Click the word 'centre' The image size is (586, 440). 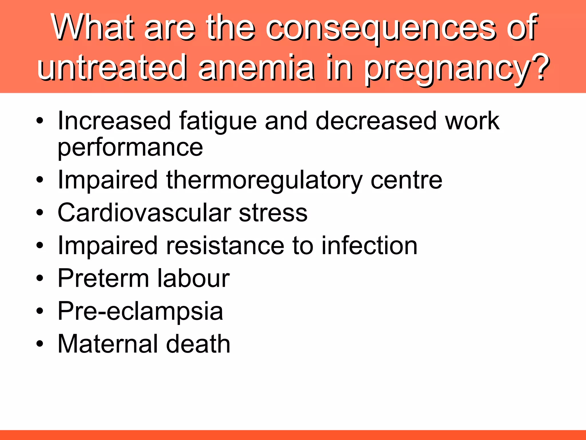[x=406, y=180]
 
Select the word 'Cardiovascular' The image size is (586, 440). [x=145, y=213]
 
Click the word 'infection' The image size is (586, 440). [x=369, y=245]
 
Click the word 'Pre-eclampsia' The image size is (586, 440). [x=140, y=312]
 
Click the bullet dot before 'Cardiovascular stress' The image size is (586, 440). [x=40, y=213]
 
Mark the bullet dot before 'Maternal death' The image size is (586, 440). [x=40, y=343]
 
